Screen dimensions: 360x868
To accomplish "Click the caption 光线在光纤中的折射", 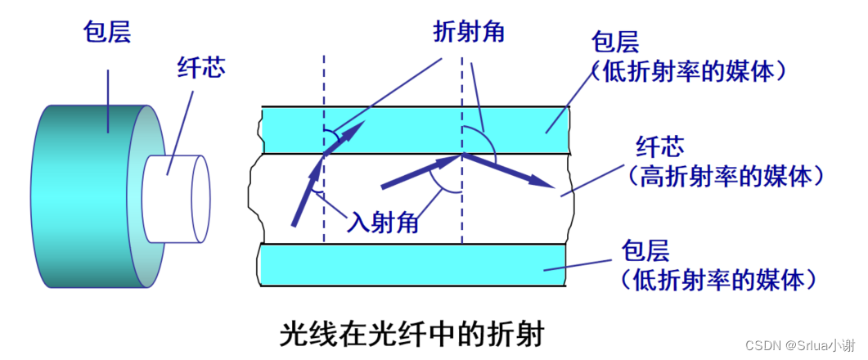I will pyautogui.click(x=412, y=334).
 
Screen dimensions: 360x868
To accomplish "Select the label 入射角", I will pyautogui.click(x=382, y=222).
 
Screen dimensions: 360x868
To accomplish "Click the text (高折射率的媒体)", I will pyautogui.click(x=723, y=175).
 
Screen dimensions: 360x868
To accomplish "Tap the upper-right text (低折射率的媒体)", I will pyautogui.click(x=691, y=72).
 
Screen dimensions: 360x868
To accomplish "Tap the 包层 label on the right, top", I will pyautogui.click(x=615, y=42).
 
